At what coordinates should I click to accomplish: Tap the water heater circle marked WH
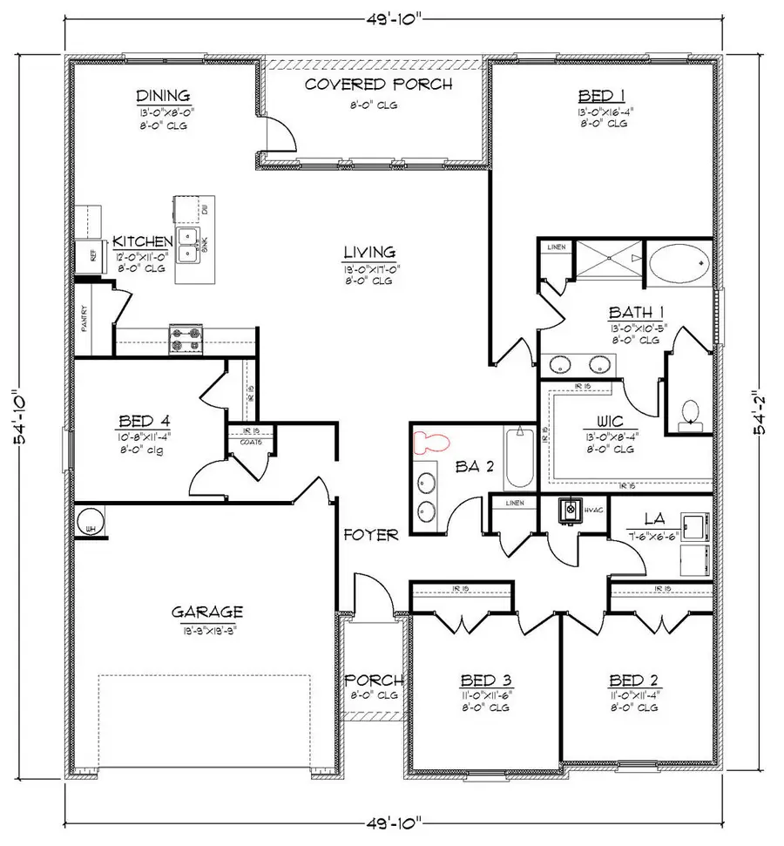[89, 524]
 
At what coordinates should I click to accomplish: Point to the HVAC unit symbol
[571, 509]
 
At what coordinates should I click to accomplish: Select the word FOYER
[370, 535]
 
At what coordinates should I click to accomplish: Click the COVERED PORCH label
[378, 85]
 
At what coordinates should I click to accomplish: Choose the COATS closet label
[253, 442]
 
